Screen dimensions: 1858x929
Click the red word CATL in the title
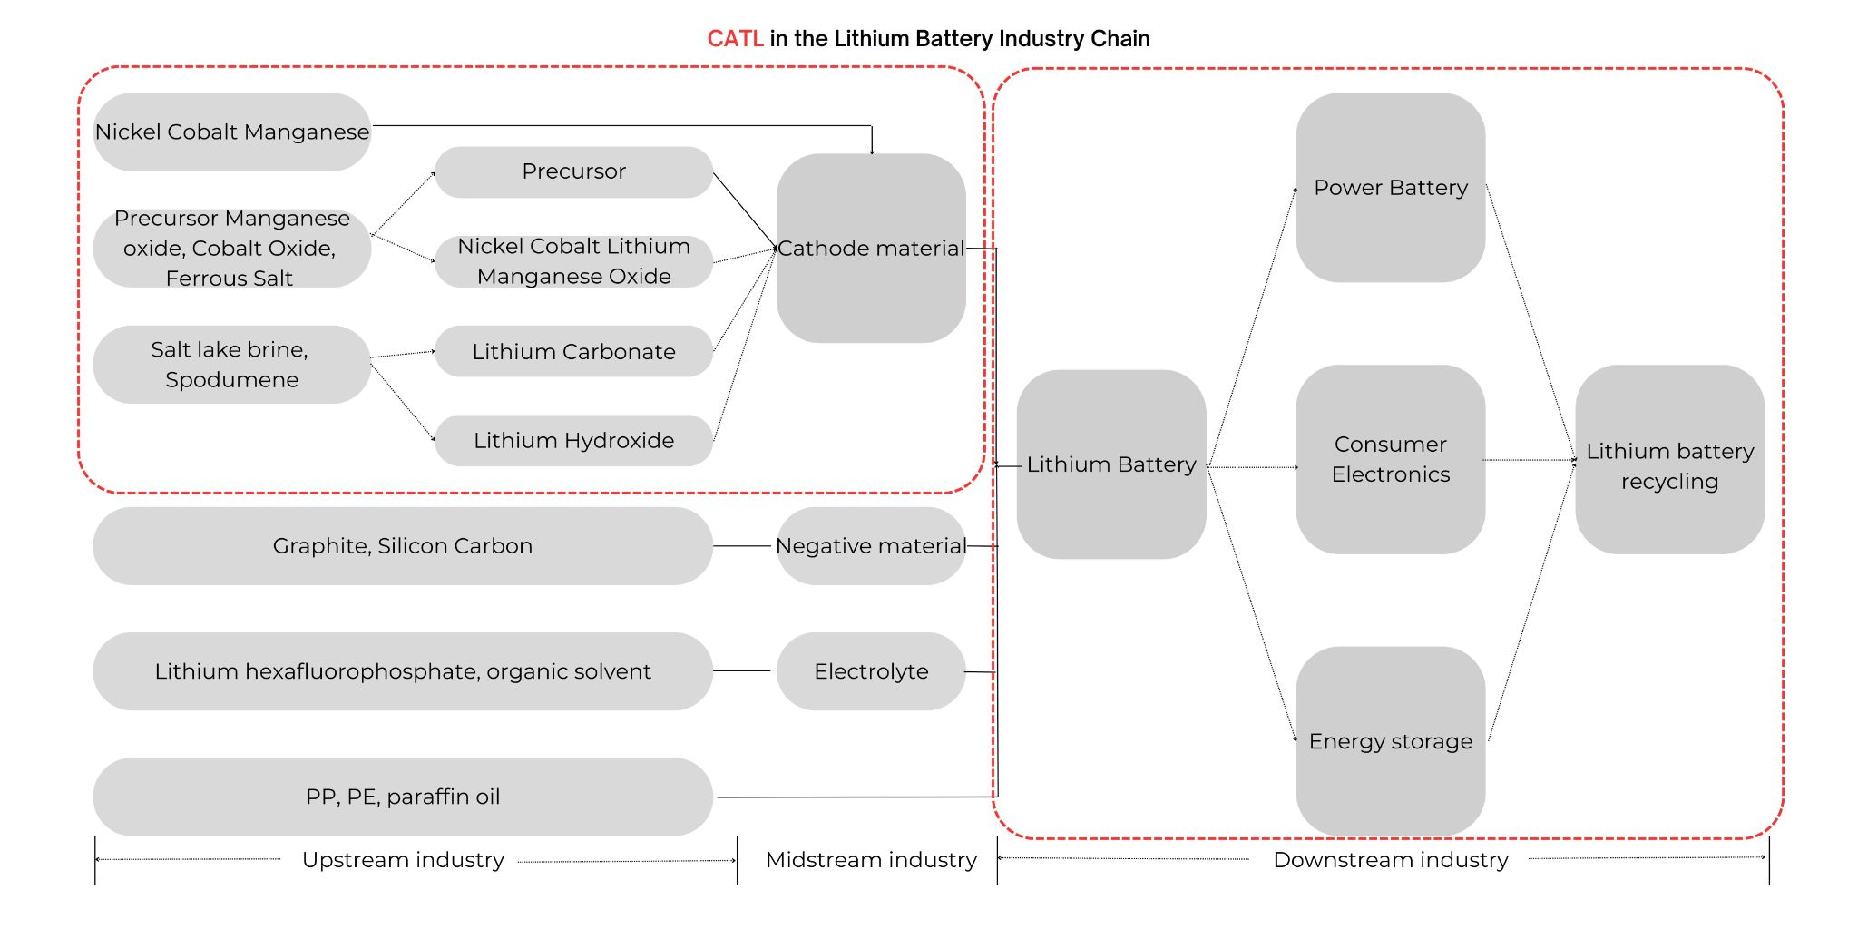736,39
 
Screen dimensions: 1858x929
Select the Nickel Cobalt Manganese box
232,132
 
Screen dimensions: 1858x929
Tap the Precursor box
574,171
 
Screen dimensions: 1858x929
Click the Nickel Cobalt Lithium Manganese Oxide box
574,261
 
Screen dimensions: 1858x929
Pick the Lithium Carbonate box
574,351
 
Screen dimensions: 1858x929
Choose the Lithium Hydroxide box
574,440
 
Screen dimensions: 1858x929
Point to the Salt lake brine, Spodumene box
232,364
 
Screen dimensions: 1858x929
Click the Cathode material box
871,248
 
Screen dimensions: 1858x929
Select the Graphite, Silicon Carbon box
403,545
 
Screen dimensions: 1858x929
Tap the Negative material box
871,545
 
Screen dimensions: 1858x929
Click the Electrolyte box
871,671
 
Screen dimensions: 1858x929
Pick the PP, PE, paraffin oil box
403,797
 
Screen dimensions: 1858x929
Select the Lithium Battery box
1111,464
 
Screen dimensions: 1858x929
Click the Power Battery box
1391,188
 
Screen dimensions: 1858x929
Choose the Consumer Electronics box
1391,459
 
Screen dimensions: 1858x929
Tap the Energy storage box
1391,741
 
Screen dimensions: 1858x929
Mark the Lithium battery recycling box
1670,459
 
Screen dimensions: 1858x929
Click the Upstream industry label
403,860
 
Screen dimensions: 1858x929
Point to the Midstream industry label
871,860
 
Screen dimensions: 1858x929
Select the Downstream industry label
1391,860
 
